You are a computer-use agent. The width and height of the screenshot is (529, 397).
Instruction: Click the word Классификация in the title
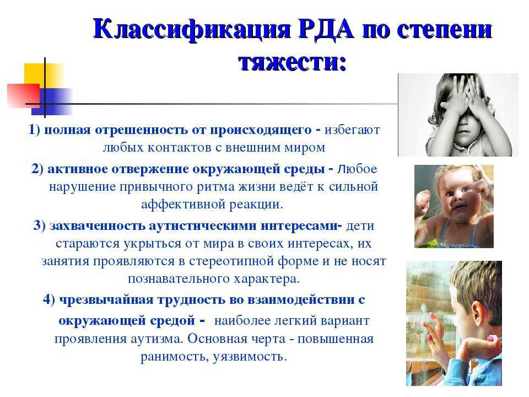192,30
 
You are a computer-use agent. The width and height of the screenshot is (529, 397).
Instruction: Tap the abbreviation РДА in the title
326,29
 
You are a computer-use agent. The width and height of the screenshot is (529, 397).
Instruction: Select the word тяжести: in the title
293,62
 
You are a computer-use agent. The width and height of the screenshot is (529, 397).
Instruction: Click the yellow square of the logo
43,76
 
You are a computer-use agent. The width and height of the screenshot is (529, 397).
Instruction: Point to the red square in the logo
23,95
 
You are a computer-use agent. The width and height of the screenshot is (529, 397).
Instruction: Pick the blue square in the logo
52,101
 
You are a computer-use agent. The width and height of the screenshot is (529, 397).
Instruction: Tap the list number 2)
37,169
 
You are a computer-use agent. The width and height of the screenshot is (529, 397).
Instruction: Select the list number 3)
40,225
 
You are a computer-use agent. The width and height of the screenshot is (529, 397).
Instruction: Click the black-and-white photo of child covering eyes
458,115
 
